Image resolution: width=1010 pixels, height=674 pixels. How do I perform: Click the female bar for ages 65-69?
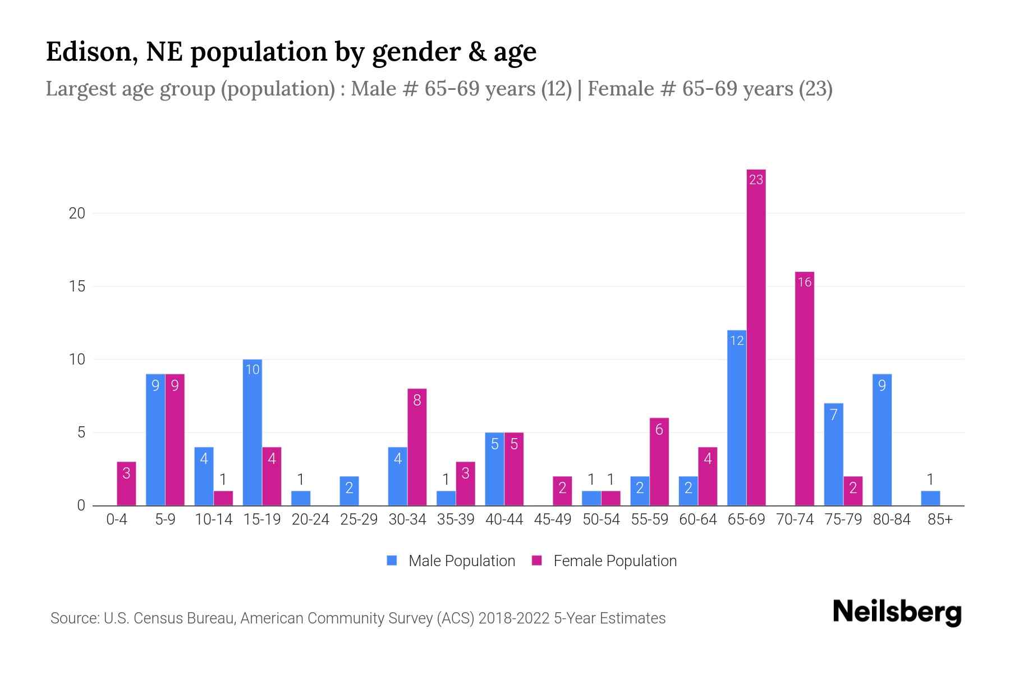click(756, 337)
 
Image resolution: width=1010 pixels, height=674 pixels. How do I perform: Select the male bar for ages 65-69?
click(737, 418)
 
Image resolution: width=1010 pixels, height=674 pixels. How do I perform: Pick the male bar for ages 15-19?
click(252, 432)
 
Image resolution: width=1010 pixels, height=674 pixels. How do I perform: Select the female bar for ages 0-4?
click(126, 484)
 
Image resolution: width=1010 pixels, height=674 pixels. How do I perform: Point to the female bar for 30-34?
click(417, 447)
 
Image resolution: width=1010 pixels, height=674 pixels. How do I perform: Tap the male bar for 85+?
click(930, 498)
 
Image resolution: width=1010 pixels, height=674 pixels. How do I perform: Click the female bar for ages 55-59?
click(659, 462)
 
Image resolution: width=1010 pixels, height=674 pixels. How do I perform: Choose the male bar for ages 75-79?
click(834, 454)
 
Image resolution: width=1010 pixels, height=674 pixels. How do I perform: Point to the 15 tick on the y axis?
click(77, 286)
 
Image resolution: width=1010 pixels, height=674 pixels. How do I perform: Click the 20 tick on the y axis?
click(77, 213)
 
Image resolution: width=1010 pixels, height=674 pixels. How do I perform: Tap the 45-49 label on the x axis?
click(553, 520)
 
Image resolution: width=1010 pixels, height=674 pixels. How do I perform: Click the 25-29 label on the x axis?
click(359, 520)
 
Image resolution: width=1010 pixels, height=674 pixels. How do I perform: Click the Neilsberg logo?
click(897, 612)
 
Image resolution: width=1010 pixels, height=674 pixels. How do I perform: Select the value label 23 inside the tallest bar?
click(756, 180)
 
